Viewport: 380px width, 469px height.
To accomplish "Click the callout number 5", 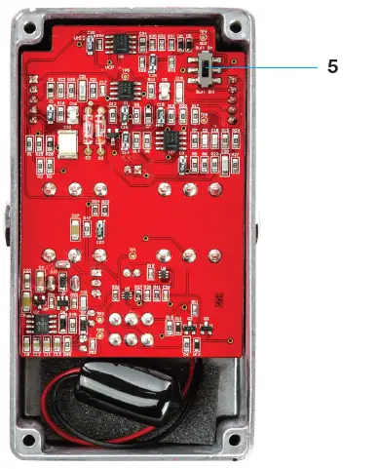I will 332,67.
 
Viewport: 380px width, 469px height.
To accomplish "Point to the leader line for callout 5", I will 273,67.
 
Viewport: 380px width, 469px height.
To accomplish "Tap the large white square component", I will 67,145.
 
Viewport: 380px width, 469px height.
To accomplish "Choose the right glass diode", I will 106,127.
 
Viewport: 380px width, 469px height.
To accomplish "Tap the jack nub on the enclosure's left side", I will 7,224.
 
